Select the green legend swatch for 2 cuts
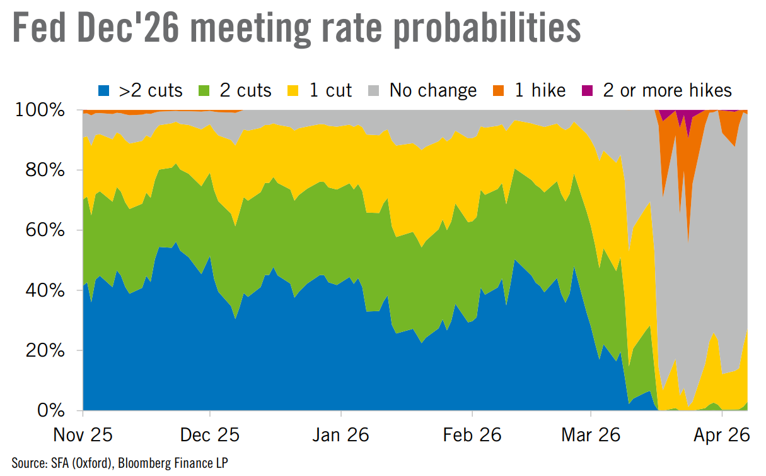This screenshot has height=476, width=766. point(204,91)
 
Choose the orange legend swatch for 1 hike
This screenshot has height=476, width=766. point(500,91)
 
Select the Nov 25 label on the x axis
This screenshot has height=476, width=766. point(83,436)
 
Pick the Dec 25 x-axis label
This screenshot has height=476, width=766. point(210,436)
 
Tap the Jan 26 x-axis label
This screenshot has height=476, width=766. point(341,436)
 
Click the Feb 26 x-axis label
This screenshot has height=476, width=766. point(472,436)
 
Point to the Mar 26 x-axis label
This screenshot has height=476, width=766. point(591,436)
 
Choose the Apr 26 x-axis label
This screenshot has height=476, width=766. point(722,436)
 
